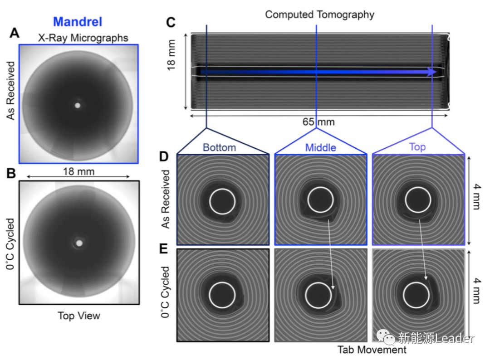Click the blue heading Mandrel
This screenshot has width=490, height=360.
pyautogui.click(x=78, y=21)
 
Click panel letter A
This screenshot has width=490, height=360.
pyautogui.click(x=15, y=33)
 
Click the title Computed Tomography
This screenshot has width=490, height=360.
pyautogui.click(x=319, y=14)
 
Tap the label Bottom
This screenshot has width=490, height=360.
pyautogui.click(x=219, y=147)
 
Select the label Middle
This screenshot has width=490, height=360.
pyautogui.click(x=321, y=147)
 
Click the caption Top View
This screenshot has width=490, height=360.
pyautogui.click(x=78, y=316)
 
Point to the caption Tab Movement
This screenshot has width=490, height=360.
pyautogui.click(x=372, y=350)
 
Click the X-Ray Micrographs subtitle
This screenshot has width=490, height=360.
pyautogui.click(x=83, y=38)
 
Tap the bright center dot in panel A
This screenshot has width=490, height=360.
pyautogui.click(x=77, y=105)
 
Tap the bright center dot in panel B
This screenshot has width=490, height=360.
pyautogui.click(x=80, y=243)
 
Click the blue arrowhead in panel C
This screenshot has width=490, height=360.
pyautogui.click(x=432, y=72)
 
